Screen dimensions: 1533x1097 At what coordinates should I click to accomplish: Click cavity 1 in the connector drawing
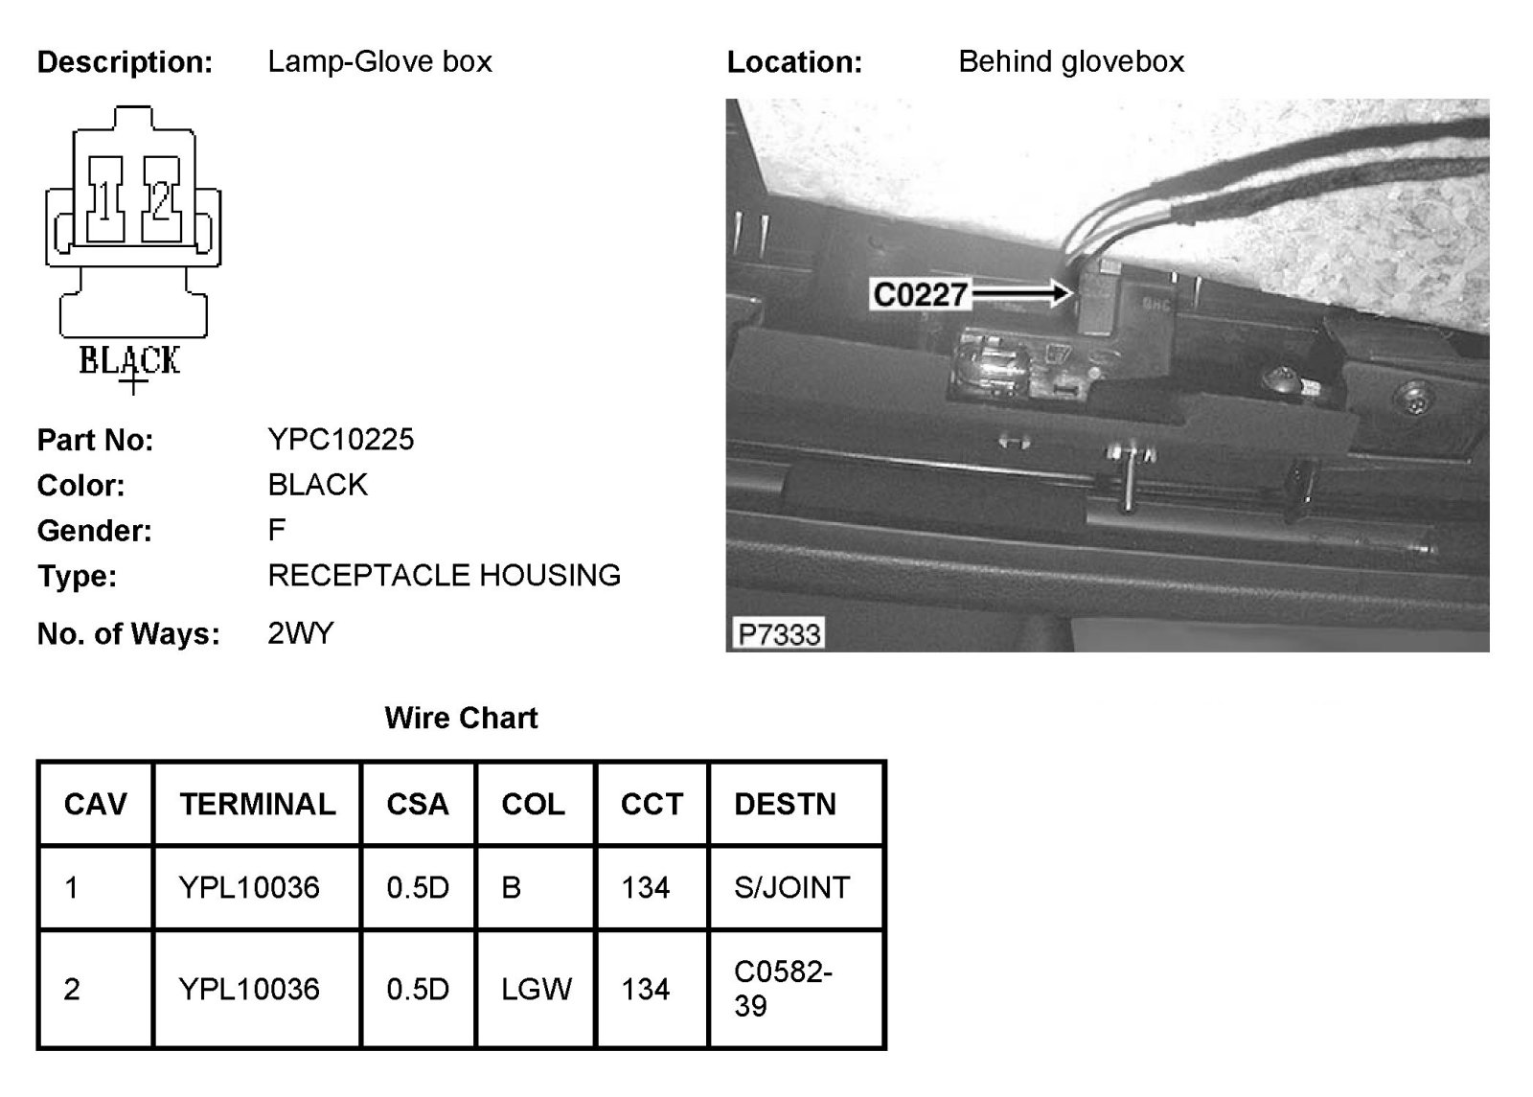(x=105, y=199)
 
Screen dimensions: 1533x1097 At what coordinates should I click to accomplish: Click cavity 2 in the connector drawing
(x=161, y=199)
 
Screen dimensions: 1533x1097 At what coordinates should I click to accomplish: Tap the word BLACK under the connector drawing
(x=129, y=360)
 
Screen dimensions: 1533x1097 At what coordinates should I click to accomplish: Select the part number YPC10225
(x=340, y=440)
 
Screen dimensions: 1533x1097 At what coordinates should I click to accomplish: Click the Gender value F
(x=276, y=530)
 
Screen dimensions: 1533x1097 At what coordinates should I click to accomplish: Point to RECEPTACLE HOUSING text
(x=444, y=576)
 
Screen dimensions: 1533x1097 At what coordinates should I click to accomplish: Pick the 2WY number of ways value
(x=300, y=633)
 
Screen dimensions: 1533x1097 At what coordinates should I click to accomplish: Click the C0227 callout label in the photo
(x=920, y=294)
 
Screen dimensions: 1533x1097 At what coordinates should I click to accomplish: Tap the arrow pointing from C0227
(x=1020, y=292)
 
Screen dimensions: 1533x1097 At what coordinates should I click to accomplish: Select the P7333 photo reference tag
(x=779, y=634)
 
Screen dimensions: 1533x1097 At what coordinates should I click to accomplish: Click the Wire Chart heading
(x=461, y=718)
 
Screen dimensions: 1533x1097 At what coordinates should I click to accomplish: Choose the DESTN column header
(x=785, y=804)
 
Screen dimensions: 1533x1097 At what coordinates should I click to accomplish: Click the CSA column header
(x=418, y=804)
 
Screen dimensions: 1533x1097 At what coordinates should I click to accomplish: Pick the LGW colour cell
(x=537, y=989)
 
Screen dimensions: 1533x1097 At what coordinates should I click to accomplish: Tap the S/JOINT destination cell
(x=791, y=887)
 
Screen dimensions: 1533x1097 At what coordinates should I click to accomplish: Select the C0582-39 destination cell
(x=783, y=989)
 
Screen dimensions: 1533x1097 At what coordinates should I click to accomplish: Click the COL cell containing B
(x=512, y=887)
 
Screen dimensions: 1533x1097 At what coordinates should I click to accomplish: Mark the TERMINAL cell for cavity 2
(x=249, y=989)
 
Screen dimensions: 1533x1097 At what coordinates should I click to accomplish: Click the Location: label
(x=794, y=62)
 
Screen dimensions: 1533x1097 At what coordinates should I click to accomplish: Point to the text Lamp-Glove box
(x=379, y=62)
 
